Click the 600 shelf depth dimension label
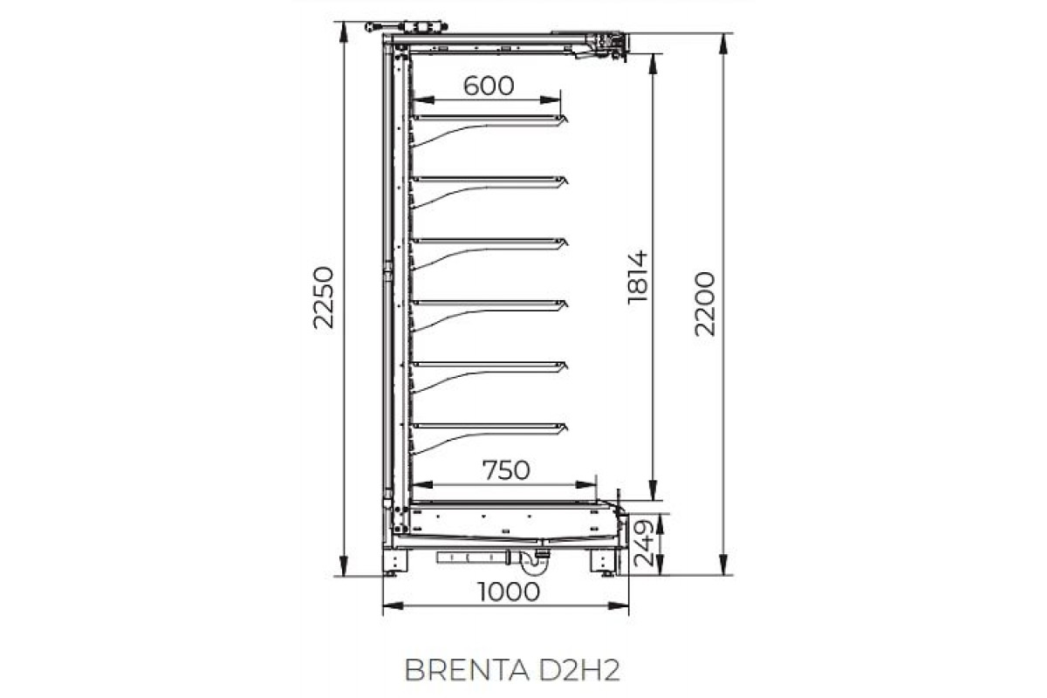pyautogui.click(x=489, y=86)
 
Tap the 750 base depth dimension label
pyautogui.click(x=506, y=470)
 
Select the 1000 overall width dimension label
pyautogui.click(x=509, y=592)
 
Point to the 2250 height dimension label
pyautogui.click(x=324, y=298)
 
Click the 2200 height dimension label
pyautogui.click(x=705, y=304)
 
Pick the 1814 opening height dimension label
pyautogui.click(x=638, y=277)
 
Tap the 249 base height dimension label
pyautogui.click(x=643, y=543)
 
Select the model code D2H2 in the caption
pyautogui.click(x=579, y=670)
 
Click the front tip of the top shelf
pyautogui.click(x=567, y=120)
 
